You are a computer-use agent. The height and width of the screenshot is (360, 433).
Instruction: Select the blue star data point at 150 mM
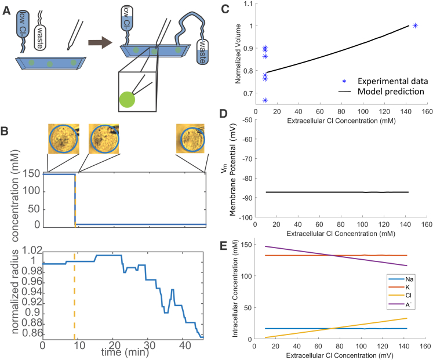click(x=415, y=26)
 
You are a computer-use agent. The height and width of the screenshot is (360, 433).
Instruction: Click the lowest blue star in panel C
click(x=265, y=100)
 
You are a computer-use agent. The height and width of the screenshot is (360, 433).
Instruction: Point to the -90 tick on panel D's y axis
click(x=247, y=198)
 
